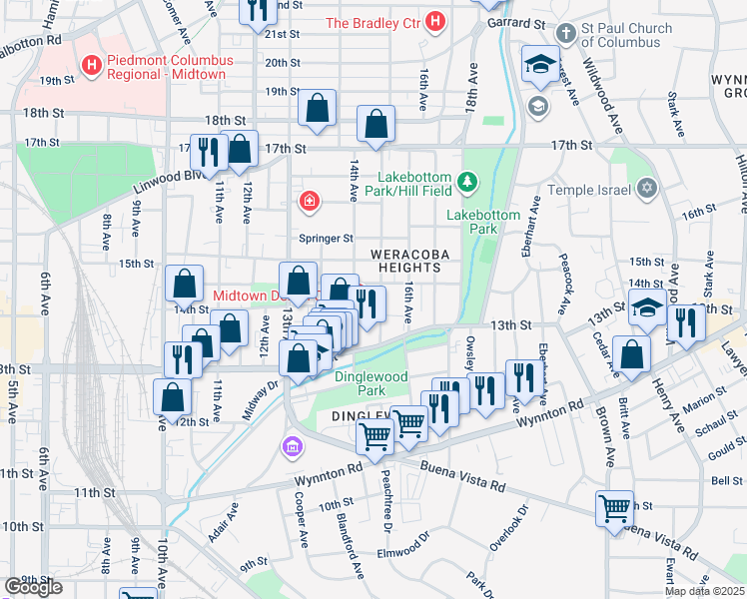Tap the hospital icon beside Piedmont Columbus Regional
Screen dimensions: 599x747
click(x=93, y=67)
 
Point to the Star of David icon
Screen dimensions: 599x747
click(x=647, y=189)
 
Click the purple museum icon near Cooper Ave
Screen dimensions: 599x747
click(x=292, y=445)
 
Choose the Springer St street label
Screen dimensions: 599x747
click(x=327, y=239)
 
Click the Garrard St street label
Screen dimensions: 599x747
click(x=523, y=22)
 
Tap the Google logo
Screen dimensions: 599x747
click(x=33, y=587)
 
